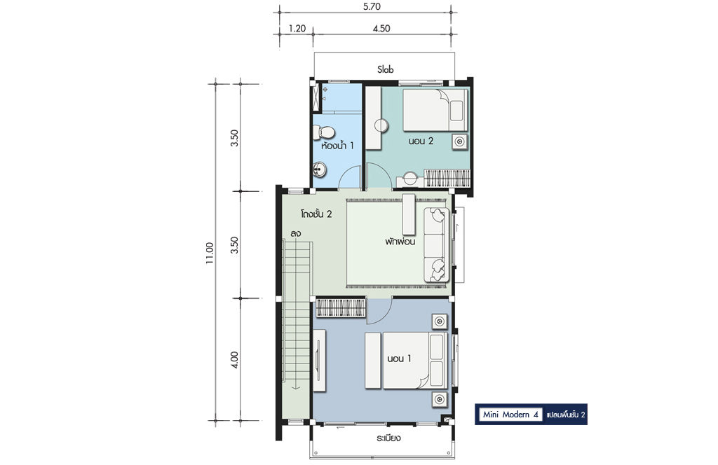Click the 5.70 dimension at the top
click(371, 6)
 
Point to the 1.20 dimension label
click(297, 28)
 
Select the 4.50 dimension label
click(381, 28)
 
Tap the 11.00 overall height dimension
click(210, 253)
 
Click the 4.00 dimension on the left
click(234, 359)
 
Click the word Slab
click(385, 69)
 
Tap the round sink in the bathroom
click(319, 170)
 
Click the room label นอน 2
click(421, 141)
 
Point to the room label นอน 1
click(399, 359)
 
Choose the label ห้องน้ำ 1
click(337, 146)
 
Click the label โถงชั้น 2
click(316, 214)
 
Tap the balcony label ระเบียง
click(388, 438)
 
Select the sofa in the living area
click(436, 245)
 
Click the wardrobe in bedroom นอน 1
click(340, 307)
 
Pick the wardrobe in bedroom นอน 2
click(447, 178)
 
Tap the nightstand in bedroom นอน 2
click(459, 141)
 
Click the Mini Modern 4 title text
click(510, 415)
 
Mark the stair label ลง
click(295, 233)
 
